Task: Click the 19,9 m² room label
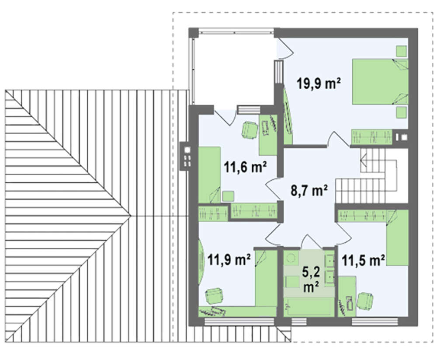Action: tap(319, 83)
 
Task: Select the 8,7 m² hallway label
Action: tap(309, 191)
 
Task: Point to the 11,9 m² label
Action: tap(229, 260)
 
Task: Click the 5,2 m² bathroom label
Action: tap(311, 279)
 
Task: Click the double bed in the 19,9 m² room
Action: tap(380, 81)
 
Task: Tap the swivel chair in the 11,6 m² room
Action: tap(250, 129)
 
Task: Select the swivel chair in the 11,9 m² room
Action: tap(214, 296)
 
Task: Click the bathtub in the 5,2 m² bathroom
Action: tap(309, 307)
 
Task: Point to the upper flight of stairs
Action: tap(373, 161)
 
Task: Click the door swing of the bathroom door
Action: tap(309, 241)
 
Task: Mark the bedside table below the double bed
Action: tap(402, 112)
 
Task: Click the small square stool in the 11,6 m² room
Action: tap(228, 196)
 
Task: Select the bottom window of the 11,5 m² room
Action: tap(375, 322)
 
